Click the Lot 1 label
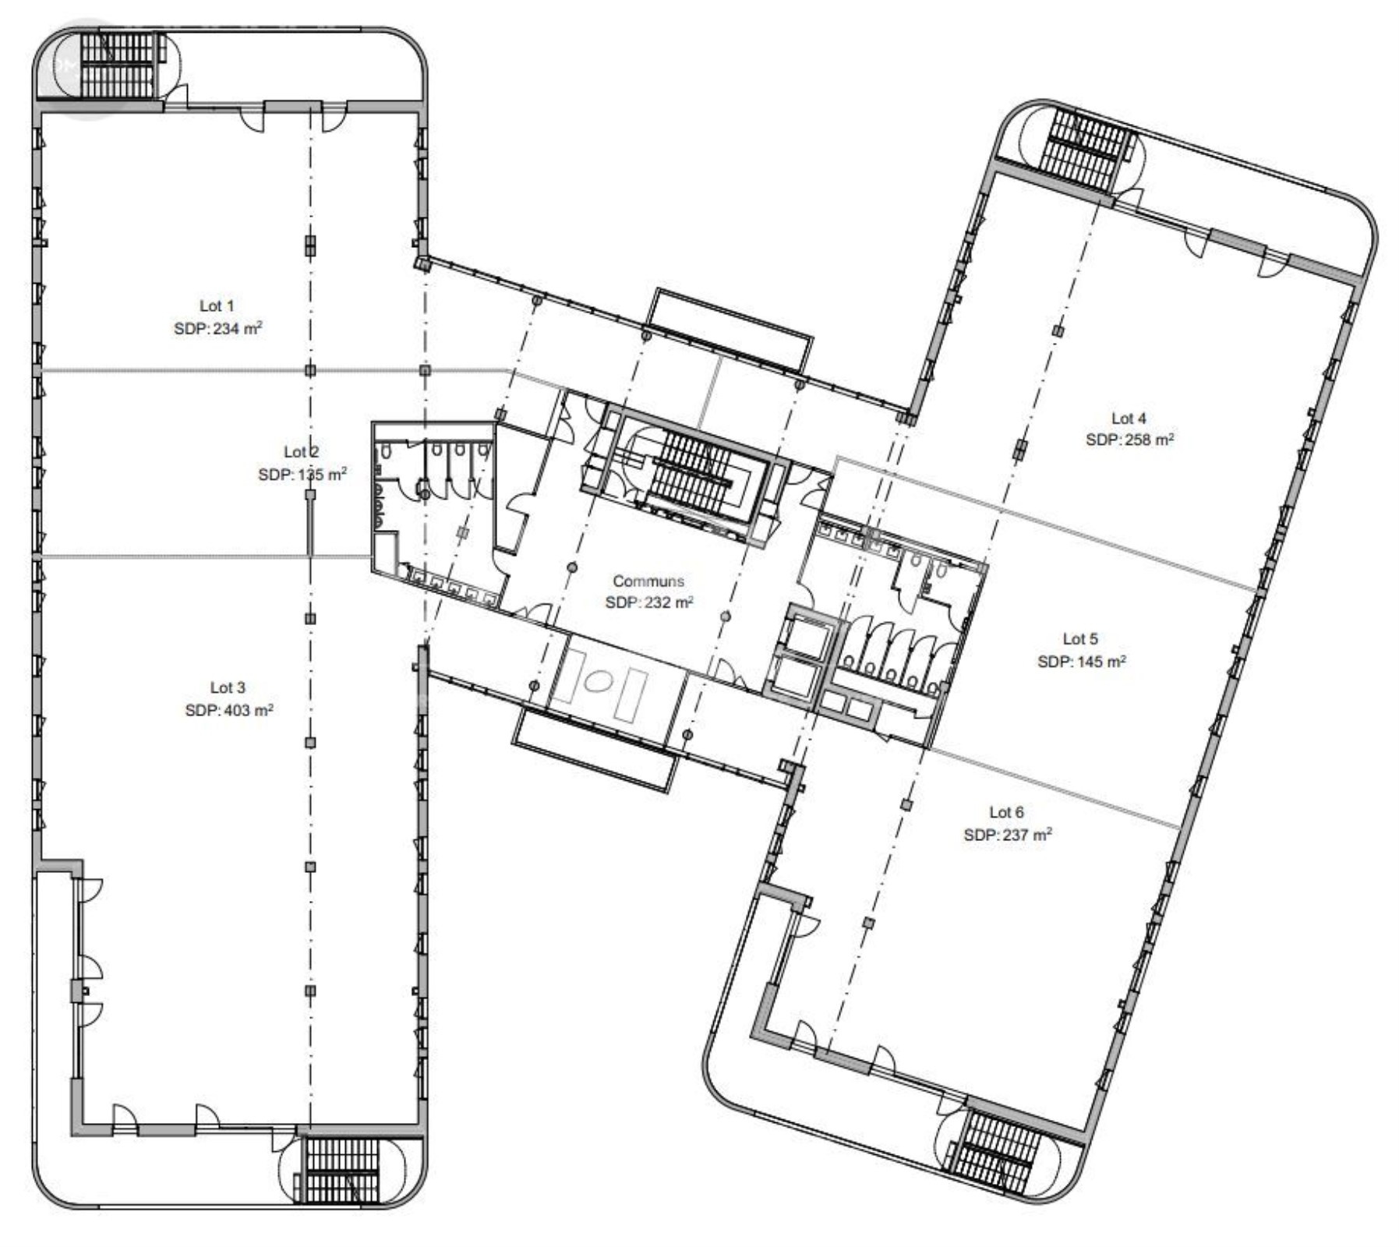217,306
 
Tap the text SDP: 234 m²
218,328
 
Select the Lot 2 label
302,452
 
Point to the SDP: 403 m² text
229,710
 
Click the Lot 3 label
228,687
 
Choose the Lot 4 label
1129,419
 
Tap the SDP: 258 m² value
1130,440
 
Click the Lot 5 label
1080,639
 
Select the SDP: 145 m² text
1082,662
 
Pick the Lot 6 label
1006,812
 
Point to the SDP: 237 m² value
1008,835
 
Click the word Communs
648,581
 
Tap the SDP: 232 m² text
649,602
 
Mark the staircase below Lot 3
339,1170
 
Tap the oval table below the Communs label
597,682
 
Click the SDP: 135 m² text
302,475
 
